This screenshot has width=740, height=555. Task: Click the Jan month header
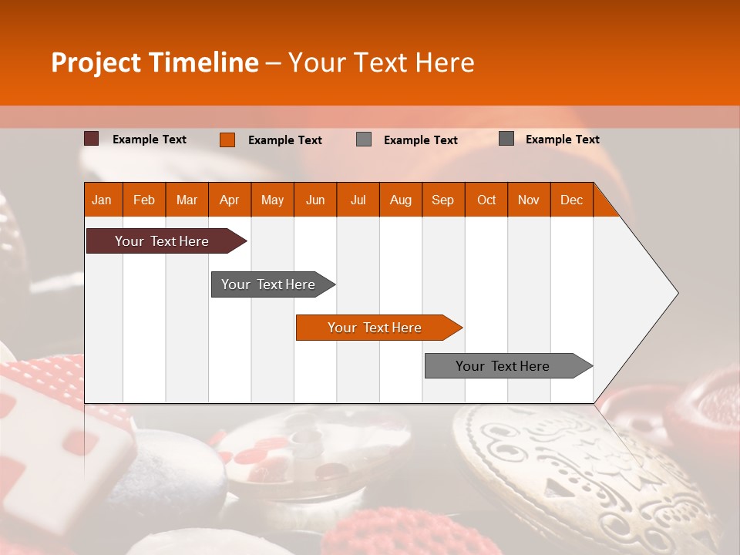[x=103, y=200]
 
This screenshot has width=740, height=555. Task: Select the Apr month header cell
[x=230, y=200]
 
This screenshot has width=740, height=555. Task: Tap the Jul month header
[x=358, y=200]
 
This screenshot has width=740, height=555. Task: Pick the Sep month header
[x=443, y=200]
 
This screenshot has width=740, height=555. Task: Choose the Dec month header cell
[x=571, y=200]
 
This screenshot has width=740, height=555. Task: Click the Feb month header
[x=144, y=200]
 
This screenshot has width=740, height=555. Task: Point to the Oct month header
[x=486, y=200]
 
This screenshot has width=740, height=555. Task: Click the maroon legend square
[x=92, y=139]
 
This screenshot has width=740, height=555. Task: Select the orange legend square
[x=227, y=140]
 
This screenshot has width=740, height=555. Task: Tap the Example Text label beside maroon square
[x=150, y=140]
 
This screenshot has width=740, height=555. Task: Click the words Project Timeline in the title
[x=154, y=62]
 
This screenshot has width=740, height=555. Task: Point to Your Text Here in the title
[x=381, y=62]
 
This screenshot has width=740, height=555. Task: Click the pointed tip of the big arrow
[x=676, y=293]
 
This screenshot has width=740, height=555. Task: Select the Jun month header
[x=315, y=200]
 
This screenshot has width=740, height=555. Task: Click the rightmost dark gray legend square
[x=506, y=139]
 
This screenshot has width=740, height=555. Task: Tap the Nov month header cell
[x=529, y=200]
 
